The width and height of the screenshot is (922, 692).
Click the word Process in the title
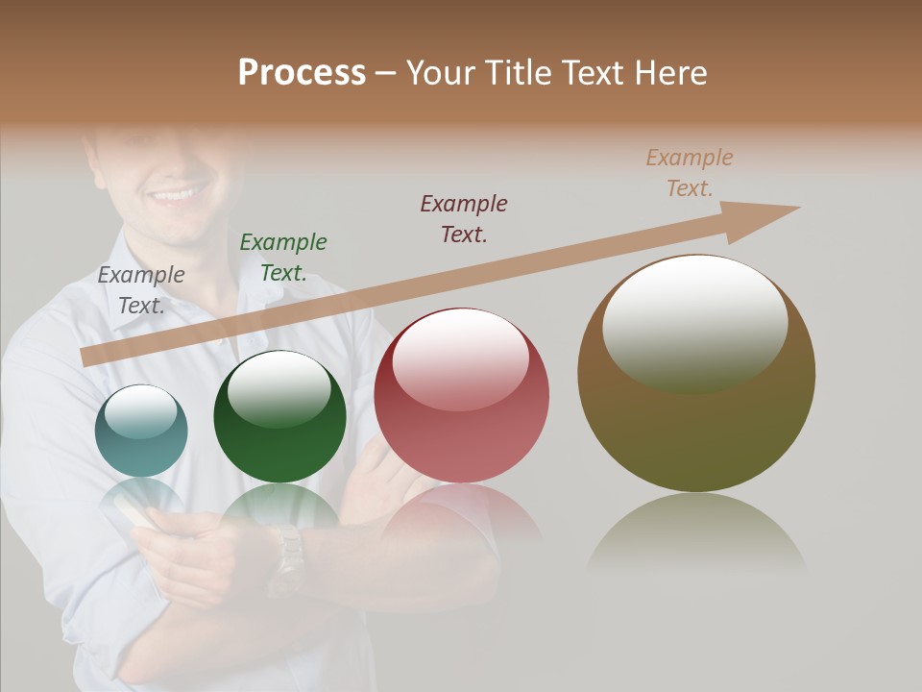302,73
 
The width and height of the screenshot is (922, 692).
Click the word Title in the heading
518,73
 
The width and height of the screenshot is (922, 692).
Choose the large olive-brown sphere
696,432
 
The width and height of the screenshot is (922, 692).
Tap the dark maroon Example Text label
464,218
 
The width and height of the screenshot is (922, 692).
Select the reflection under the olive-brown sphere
696,533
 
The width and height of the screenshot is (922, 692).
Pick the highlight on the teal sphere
141,411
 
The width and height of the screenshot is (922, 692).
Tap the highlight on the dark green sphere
279,387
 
